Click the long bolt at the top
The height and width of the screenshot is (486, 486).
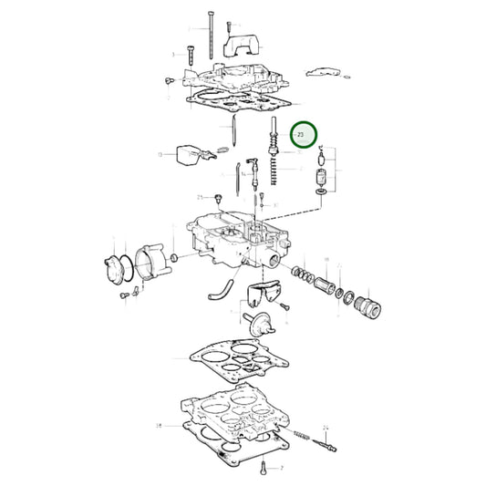pos(212,27)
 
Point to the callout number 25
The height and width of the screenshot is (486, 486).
pos(200,197)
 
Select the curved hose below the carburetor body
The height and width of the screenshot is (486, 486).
pos(217,292)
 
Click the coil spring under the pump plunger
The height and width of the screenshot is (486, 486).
pos(272,171)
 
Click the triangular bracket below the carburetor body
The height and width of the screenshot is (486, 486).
pos(264,295)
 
